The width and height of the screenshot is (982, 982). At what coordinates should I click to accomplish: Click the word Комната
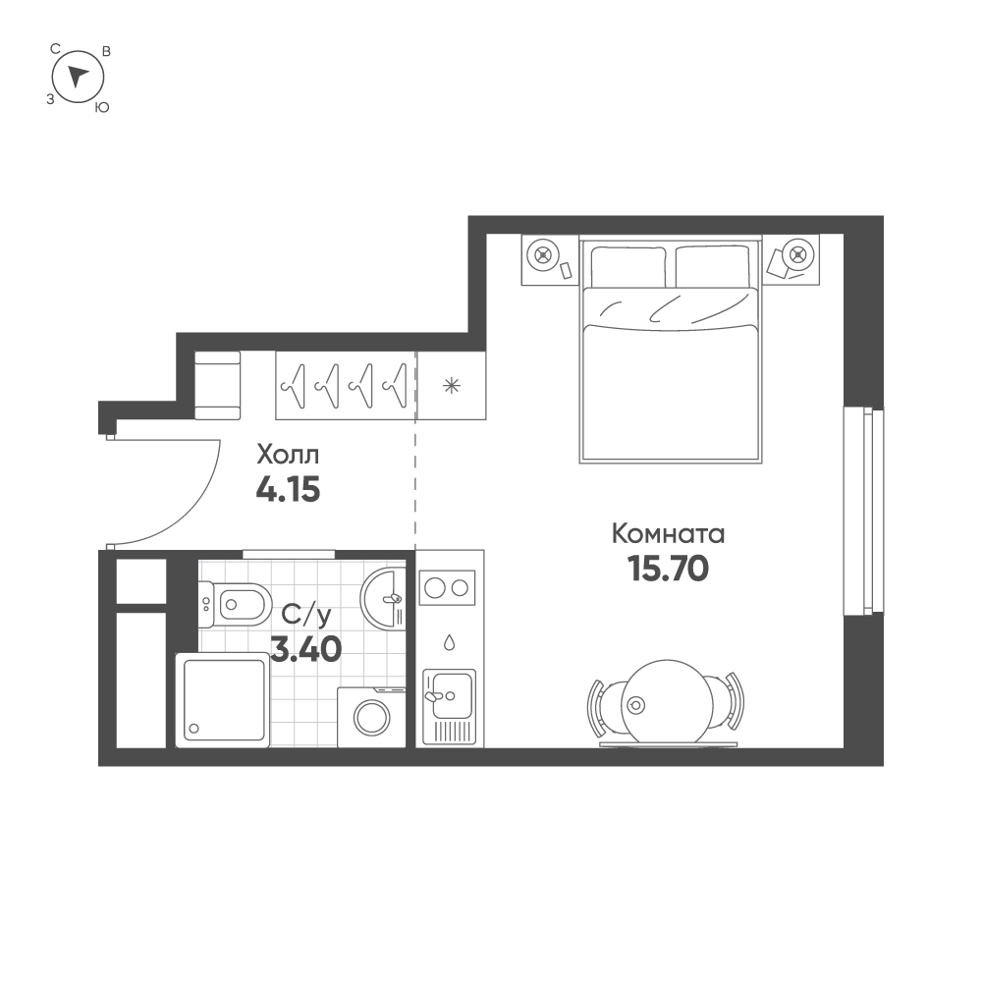pos(668,534)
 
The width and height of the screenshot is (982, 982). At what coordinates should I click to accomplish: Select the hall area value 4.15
pos(288,489)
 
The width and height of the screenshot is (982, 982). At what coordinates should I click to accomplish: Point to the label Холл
pos(288,456)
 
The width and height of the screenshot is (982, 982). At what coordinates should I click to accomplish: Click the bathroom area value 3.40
pos(306,649)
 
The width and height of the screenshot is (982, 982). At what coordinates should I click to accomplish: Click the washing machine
pos(372,717)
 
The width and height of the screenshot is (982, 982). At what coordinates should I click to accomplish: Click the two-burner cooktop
pos(448,588)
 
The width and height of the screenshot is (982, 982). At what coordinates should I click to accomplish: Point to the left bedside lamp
pos(541,255)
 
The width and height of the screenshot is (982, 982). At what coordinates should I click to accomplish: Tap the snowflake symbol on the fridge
pos(452,385)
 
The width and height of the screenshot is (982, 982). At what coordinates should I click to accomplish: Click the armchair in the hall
pos(218,385)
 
